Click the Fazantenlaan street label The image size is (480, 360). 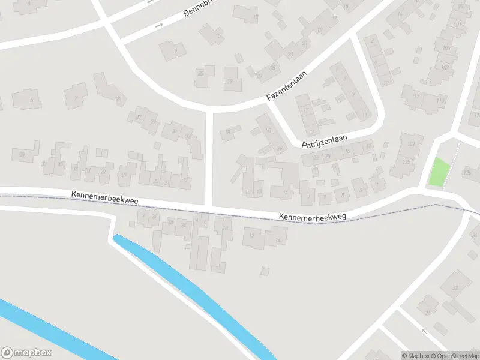[287, 86]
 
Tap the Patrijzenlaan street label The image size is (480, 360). [324, 141]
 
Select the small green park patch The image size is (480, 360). [439, 171]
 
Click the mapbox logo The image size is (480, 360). [26, 353]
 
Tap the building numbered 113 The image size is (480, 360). [440, 100]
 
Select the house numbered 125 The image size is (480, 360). [407, 161]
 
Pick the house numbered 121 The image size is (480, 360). [410, 145]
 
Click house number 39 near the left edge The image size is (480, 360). [23, 155]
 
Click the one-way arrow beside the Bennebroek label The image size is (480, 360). [159, 25]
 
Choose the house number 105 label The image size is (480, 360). [446, 48]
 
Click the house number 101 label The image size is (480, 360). [457, 25]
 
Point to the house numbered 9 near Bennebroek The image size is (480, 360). [175, 51]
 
